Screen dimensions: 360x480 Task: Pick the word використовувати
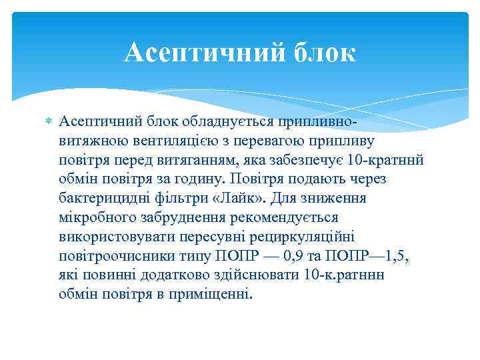[x=111, y=237]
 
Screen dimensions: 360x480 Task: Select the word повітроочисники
[x=113, y=257]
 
